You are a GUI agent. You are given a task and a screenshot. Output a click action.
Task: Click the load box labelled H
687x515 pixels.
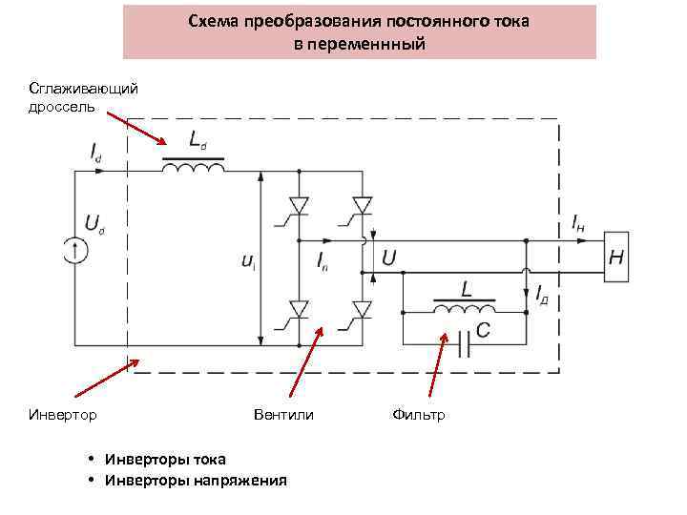point(617,257)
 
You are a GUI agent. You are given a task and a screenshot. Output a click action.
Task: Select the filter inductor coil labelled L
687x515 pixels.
point(465,308)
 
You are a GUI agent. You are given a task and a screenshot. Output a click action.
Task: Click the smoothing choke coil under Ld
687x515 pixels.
point(195,168)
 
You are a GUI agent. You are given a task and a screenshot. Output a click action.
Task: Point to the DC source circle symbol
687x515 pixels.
point(75,251)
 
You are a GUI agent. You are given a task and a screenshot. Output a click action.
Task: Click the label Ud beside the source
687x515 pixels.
point(95,224)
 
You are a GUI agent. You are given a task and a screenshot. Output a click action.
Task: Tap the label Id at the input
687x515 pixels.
point(96,151)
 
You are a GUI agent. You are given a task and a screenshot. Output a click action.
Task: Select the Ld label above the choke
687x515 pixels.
point(197,141)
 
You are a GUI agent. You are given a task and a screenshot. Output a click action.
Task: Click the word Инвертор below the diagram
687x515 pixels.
point(63,414)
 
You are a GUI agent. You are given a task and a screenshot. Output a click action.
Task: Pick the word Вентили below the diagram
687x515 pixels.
point(283,414)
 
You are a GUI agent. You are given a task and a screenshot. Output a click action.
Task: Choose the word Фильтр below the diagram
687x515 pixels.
point(419,414)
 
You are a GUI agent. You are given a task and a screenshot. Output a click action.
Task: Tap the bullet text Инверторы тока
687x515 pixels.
point(164,460)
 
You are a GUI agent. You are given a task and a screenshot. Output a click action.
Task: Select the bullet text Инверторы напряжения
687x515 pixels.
point(195,480)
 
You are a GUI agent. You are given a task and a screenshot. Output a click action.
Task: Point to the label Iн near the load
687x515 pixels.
point(578,223)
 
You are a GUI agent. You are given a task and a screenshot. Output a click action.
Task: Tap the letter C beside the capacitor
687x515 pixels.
point(483,330)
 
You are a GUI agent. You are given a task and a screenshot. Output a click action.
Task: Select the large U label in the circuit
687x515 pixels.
point(389,257)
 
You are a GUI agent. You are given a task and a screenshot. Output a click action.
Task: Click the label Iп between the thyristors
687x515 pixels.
point(323,264)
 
